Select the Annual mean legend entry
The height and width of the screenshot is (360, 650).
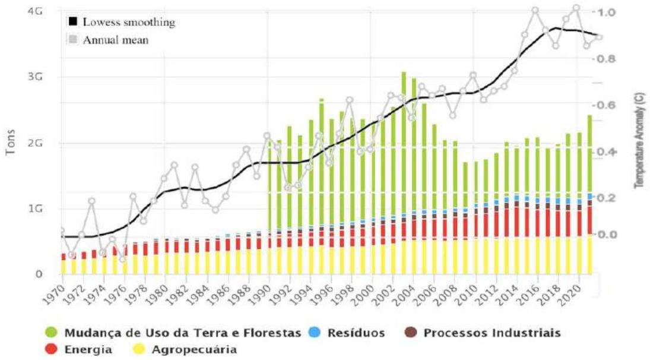(x=115, y=40)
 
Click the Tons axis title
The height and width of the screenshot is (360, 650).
(x=11, y=143)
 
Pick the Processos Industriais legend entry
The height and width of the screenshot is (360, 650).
(x=492, y=333)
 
